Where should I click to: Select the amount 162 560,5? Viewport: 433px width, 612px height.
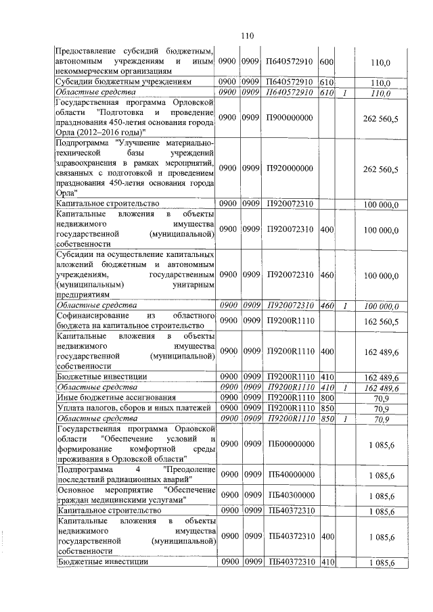(x=381, y=323)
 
